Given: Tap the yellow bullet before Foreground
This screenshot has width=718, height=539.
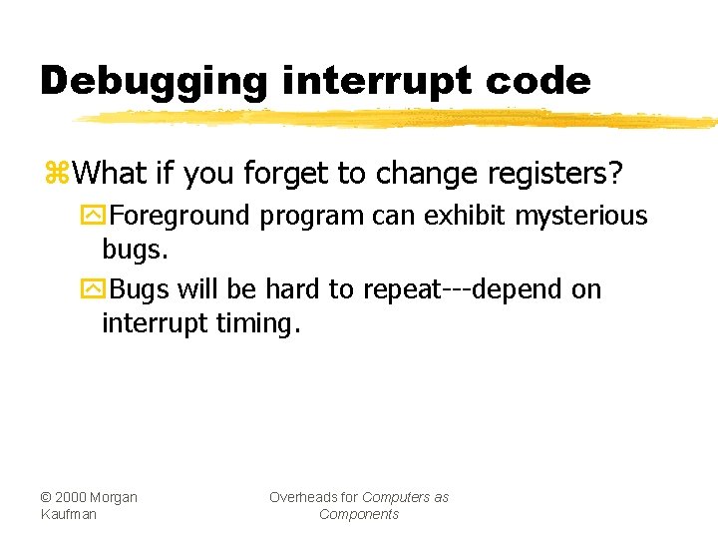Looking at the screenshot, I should tap(92, 217).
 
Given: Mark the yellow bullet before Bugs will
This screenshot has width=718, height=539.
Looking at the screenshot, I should tap(92, 290).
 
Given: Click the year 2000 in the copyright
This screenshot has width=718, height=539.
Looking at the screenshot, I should tap(75, 497).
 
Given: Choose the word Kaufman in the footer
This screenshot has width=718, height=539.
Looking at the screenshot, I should tap(69, 514).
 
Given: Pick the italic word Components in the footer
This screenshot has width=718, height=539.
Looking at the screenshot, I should tap(359, 514).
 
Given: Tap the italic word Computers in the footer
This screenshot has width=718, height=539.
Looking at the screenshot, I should tap(398, 497).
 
